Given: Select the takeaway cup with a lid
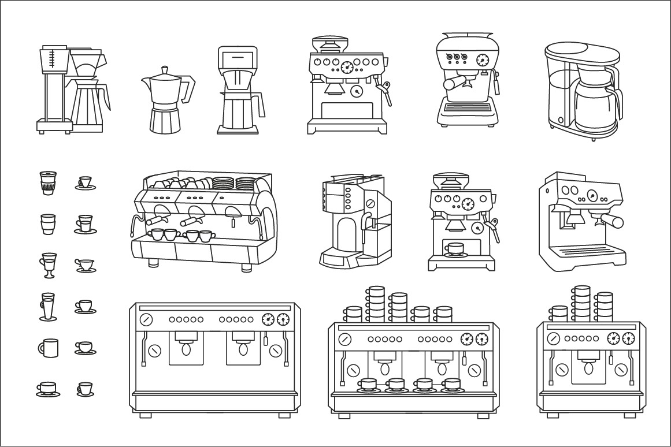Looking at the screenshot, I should coord(47,182).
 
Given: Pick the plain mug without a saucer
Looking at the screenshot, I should coord(49,348).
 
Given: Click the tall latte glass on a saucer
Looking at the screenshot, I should coord(49,306).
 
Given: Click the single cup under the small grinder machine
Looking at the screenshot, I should coord(454,249).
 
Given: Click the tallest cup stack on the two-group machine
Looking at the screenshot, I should coord(376,304).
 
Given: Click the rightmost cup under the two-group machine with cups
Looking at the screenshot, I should coord(451,384).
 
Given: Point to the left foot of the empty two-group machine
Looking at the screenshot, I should coord(144,415).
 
